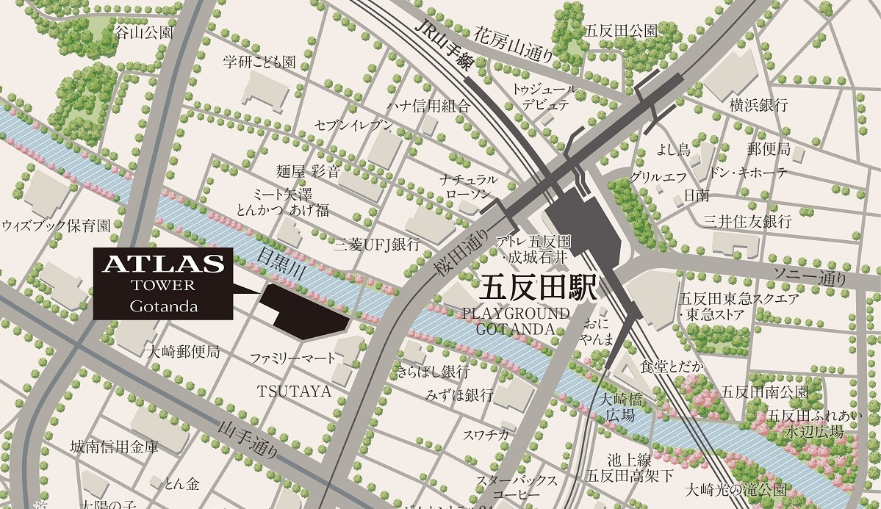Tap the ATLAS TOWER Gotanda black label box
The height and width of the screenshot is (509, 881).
(162, 284)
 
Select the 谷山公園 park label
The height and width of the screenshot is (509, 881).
(144, 32)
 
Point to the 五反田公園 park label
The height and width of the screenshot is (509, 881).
(621, 31)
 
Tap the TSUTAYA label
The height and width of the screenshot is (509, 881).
(294, 390)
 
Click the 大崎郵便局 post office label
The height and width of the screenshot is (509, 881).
(183, 351)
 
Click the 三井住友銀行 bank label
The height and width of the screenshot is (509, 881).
(747, 220)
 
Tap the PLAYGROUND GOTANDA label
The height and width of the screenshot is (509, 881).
(515, 321)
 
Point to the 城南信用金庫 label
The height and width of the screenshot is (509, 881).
(114, 446)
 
